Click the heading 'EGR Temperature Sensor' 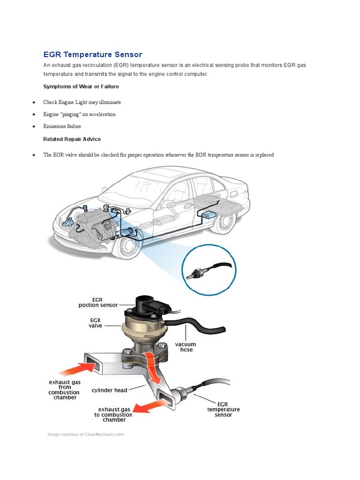92,55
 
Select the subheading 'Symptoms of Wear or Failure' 81,87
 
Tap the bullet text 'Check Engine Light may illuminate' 82,102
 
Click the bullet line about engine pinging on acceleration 79,114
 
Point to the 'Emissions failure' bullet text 62,127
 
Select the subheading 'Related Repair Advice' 72,139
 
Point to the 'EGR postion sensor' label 98,302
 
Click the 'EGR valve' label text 96,323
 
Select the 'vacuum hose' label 186,347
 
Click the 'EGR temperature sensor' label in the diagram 223,409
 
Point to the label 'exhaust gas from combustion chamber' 64,390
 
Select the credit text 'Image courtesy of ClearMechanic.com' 86,435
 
